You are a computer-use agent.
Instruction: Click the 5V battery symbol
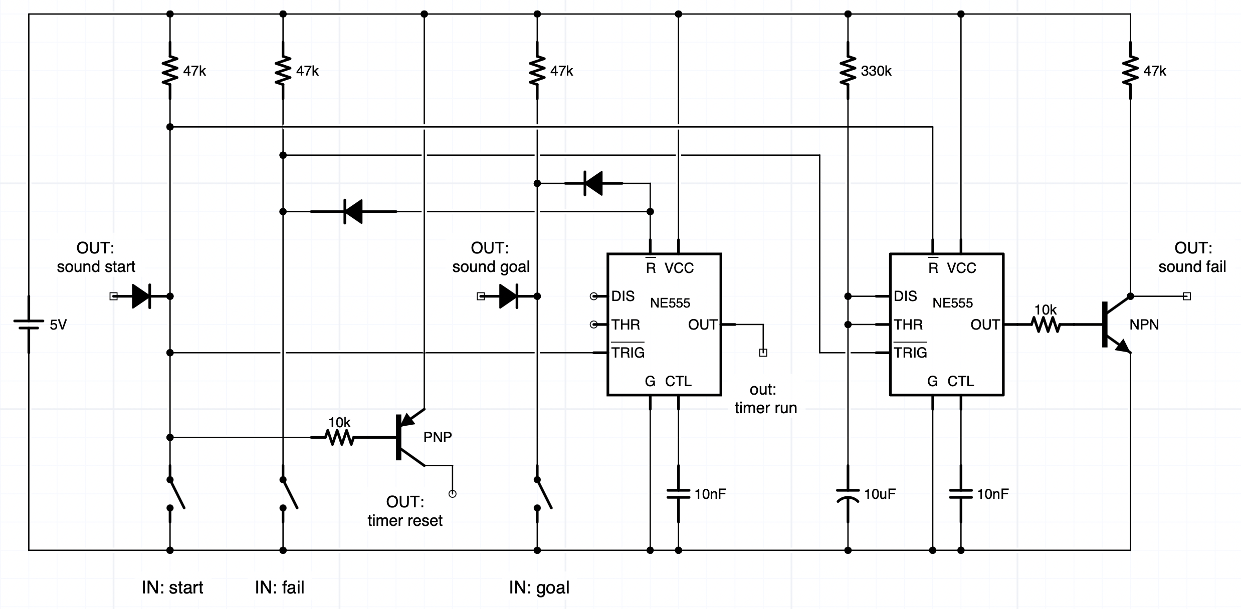point(29,325)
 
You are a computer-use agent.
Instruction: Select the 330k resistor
point(848,71)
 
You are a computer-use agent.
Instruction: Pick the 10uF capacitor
point(848,494)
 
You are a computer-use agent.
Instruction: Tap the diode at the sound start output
point(142,296)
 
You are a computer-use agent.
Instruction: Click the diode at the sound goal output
point(509,296)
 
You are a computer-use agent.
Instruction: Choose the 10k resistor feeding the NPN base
point(1046,325)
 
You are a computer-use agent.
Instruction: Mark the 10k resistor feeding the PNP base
point(339,437)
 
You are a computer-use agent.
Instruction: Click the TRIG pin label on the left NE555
point(628,353)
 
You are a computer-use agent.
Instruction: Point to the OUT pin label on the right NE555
point(985,325)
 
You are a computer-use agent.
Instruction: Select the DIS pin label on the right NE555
point(905,296)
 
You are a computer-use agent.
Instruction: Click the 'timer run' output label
point(765,408)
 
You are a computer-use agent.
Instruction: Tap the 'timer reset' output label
point(405,520)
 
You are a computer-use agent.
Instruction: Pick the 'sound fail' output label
point(1192,266)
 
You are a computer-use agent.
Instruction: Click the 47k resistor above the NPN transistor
point(1130,71)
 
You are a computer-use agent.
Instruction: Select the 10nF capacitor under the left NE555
point(679,494)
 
